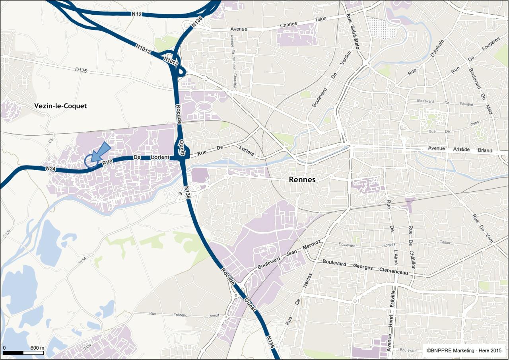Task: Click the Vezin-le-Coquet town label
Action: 60,106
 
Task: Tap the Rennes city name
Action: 302,179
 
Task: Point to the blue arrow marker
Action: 100,152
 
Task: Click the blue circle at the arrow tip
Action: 91,161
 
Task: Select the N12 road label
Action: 137,14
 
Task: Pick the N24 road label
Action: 50,169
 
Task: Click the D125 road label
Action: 81,70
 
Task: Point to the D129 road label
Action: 6,234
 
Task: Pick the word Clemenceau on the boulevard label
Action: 393,270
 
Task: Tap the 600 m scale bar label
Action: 37,348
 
